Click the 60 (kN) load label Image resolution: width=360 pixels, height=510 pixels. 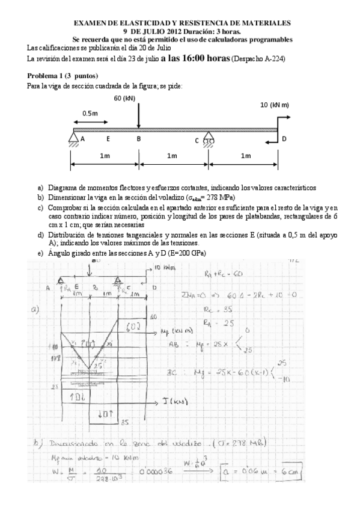click(x=123, y=99)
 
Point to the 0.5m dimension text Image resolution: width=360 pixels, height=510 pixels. click(x=91, y=113)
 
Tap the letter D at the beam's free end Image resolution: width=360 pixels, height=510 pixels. click(x=284, y=139)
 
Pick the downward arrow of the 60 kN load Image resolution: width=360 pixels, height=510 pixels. click(x=139, y=117)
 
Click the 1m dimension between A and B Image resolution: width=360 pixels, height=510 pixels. click(x=105, y=156)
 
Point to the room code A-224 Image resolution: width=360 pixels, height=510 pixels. click(x=270, y=59)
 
